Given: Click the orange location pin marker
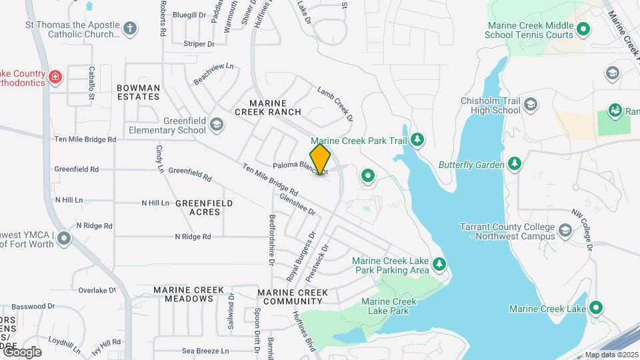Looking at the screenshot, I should point(321,159).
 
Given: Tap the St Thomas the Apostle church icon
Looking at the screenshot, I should point(130,29).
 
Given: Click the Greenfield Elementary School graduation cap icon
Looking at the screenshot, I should point(216,125).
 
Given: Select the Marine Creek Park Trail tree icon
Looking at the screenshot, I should point(417,139).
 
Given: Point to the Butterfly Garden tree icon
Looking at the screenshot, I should point(514,164).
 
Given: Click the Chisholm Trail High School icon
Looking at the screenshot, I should point(530,105).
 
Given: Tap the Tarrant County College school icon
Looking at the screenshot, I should point(565,231).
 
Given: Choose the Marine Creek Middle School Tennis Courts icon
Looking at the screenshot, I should point(583,29).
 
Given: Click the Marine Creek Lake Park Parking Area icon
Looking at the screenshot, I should point(439,265).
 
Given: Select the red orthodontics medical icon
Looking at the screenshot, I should point(55,77).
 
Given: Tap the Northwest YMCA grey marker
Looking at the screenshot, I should point(63,238).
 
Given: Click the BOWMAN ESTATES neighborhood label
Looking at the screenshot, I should point(138,92).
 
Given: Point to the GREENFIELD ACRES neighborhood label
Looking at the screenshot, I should point(205,207).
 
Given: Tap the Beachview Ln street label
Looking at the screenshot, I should point(213,73).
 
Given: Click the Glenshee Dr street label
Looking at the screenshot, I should point(297,204).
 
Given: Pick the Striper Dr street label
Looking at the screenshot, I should point(199,44).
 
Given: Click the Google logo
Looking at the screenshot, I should point(21,351).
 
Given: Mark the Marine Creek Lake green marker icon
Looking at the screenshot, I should point(595,308).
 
